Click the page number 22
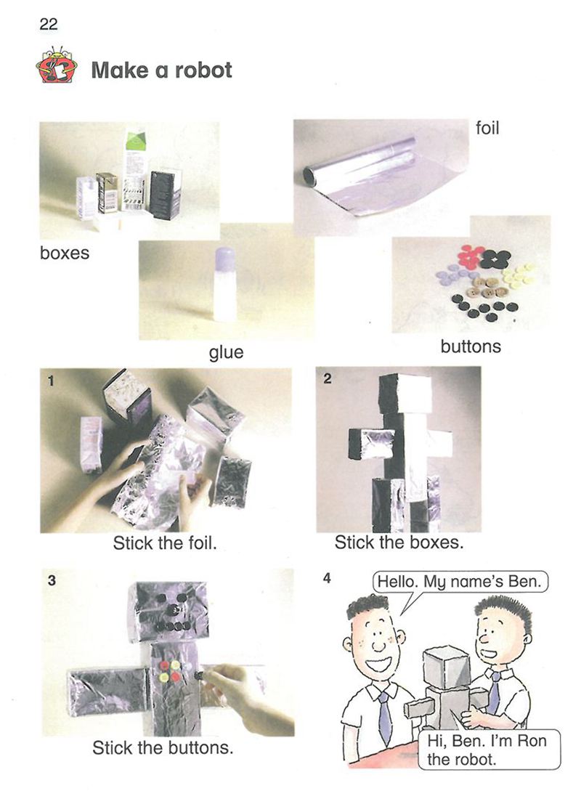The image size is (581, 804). click(48, 23)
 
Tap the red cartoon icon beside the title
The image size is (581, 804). click(57, 65)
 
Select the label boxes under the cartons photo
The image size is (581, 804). click(65, 253)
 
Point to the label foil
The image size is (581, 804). click(487, 128)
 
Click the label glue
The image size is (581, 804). click(226, 352)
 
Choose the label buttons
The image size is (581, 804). click(471, 346)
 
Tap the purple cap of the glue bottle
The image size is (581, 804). click(225, 259)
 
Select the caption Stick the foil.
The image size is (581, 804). click(165, 543)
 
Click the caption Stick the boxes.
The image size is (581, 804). click(399, 543)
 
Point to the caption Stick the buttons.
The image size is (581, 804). click(163, 747)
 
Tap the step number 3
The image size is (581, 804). click(52, 581)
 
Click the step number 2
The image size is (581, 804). click(328, 378)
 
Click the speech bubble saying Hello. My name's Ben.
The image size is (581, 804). click(460, 582)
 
